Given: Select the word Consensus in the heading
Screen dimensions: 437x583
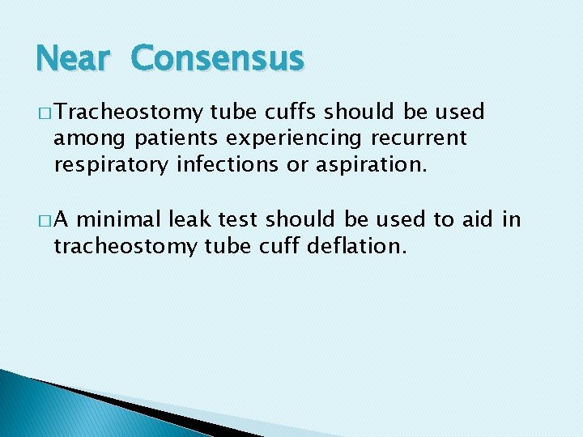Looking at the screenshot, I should tap(217, 59).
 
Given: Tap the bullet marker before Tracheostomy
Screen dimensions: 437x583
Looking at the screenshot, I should tap(43, 112).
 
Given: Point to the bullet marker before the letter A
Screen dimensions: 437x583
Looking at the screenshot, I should tap(43, 219).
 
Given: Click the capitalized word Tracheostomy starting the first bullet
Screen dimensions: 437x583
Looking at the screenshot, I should tap(127, 112).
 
